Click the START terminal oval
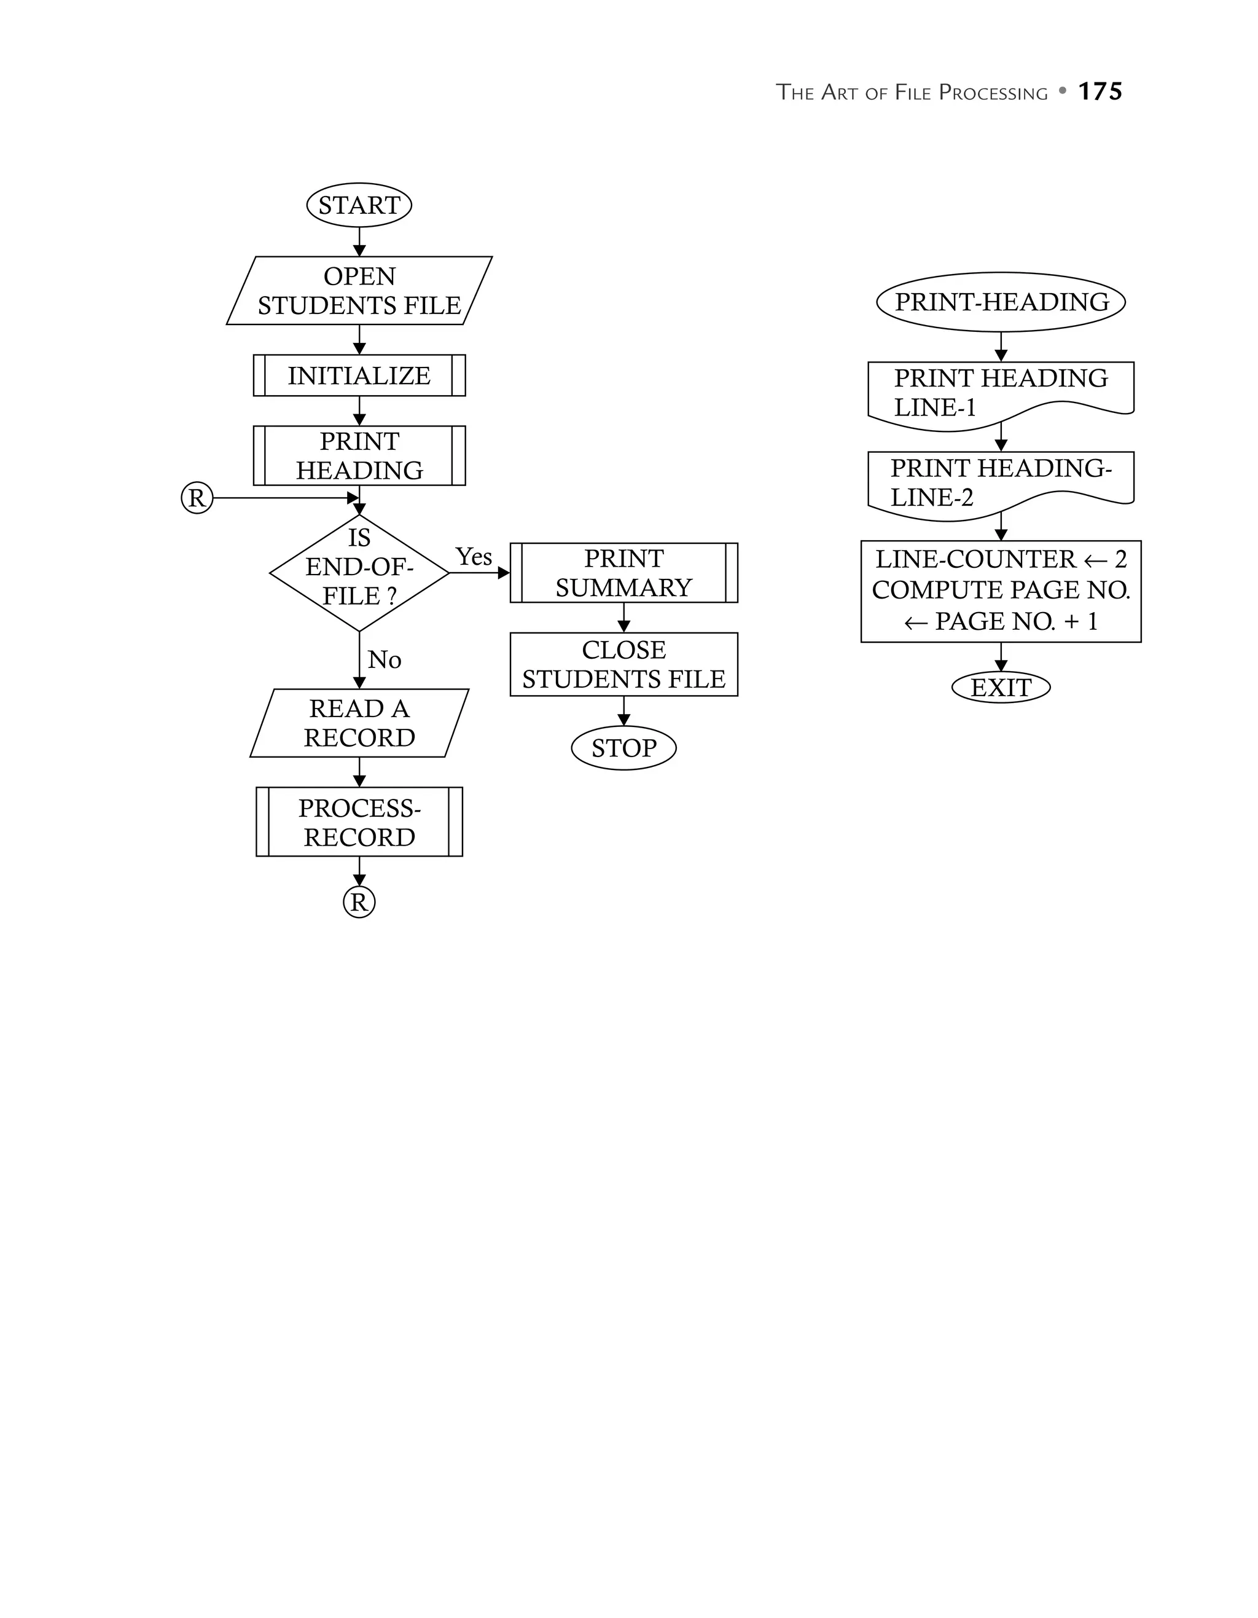point(359,205)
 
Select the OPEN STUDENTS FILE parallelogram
point(359,291)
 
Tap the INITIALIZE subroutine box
point(359,375)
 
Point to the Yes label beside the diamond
point(473,556)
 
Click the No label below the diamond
point(385,659)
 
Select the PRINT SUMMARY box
point(623,573)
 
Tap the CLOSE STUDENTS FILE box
point(623,664)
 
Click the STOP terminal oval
point(623,748)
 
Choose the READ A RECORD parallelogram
point(359,723)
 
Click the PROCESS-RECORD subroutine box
point(359,822)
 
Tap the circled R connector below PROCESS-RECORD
point(359,902)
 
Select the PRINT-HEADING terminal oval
point(1001,302)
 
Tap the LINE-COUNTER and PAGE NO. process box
point(1001,591)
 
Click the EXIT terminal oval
point(1001,688)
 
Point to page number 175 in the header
point(1100,92)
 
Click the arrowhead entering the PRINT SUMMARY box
point(504,573)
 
